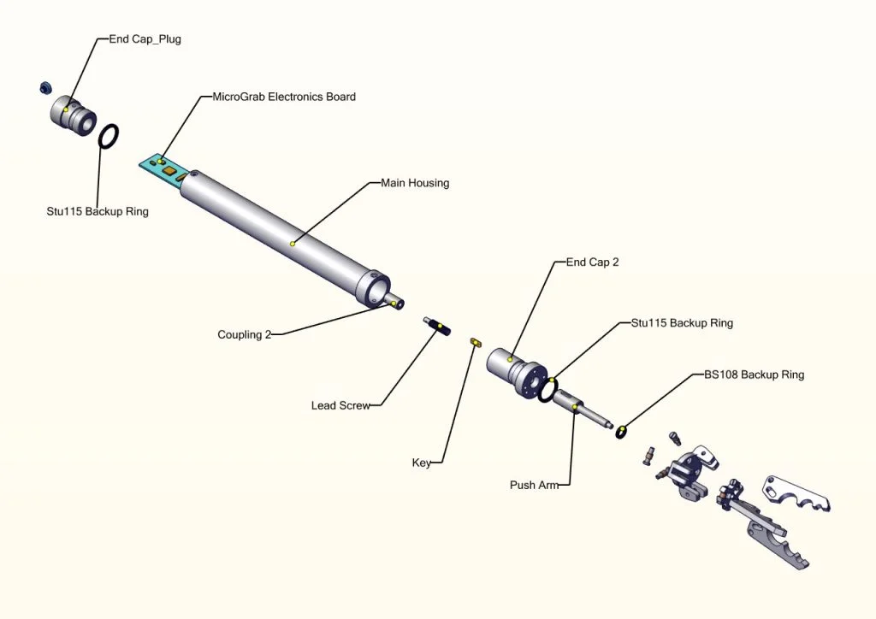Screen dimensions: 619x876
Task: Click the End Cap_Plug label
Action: tap(145, 39)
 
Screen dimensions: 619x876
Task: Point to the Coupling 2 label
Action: tap(244, 334)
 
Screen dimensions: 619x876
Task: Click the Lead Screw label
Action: tap(340, 405)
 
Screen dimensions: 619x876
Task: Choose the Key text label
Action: tap(422, 463)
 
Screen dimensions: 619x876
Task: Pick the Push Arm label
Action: tap(534, 485)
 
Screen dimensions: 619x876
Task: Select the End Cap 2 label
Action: tap(592, 262)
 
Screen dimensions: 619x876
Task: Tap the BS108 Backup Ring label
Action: tap(754, 374)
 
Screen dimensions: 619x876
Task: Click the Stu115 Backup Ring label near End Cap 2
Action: tap(682, 323)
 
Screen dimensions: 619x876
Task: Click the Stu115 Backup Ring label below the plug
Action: tap(98, 211)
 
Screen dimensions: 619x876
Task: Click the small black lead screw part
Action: tap(437, 325)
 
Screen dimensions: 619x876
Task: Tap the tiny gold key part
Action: tap(473, 342)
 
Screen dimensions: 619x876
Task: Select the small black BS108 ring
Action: tap(622, 431)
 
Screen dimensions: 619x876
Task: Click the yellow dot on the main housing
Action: tap(293, 244)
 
